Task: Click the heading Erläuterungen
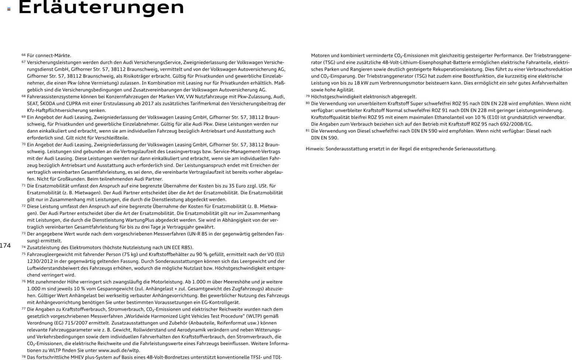101,7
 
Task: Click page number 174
5,246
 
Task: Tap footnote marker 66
24,55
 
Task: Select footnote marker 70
24,144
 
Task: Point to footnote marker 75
24,254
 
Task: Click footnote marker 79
308,96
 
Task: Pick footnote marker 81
308,130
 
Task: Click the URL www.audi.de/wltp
119,350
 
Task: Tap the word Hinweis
314,149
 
